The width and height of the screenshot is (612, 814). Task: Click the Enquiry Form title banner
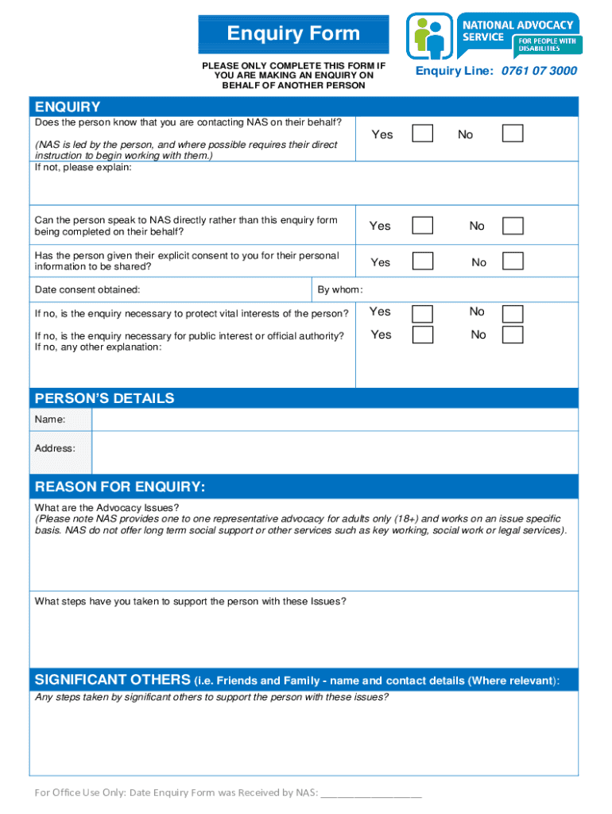(293, 34)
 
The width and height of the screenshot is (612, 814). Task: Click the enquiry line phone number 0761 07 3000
(539, 71)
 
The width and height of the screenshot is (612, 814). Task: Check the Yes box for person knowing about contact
(423, 133)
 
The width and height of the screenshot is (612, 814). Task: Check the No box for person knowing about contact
(513, 133)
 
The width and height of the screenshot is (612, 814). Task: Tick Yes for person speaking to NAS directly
(423, 225)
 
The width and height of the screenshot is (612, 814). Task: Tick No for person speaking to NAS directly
(513, 226)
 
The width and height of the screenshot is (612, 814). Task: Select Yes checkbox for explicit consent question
(423, 261)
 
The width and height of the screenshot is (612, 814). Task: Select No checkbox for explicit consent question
(513, 261)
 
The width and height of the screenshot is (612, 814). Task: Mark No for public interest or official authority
(513, 335)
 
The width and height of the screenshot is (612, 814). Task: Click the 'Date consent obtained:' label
(87, 290)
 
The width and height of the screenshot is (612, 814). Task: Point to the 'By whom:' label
(340, 290)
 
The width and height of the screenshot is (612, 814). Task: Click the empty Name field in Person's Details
(334, 419)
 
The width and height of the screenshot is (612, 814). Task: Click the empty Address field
(334, 452)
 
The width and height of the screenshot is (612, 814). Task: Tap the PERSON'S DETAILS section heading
(104, 398)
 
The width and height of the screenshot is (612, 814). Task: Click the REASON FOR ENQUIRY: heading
(120, 486)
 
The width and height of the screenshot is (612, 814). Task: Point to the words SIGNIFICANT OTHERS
(112, 680)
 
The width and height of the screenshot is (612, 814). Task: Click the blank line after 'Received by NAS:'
(372, 793)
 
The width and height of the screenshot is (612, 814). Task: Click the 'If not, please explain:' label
(83, 168)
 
